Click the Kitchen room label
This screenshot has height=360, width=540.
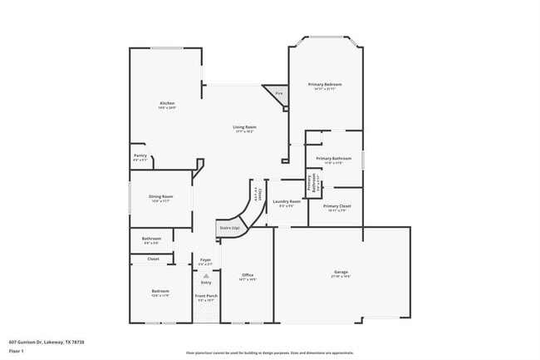coord(167,105)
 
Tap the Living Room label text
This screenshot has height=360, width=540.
coord(243,128)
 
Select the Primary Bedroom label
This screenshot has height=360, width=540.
coord(325,86)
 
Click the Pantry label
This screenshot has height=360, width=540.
coord(140,156)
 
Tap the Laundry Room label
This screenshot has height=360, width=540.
coord(286,202)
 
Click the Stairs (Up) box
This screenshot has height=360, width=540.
coord(229,228)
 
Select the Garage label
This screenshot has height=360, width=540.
coord(341,273)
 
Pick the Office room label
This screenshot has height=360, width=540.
coord(248,277)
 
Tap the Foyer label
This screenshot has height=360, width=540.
coord(206,262)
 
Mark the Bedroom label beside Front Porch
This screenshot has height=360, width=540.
coord(149,293)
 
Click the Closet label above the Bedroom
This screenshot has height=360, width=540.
coord(153,259)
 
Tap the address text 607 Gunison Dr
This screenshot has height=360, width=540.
coord(47,342)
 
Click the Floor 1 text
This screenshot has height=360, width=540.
coord(17,350)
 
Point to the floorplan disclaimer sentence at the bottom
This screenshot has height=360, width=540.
coord(269,353)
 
